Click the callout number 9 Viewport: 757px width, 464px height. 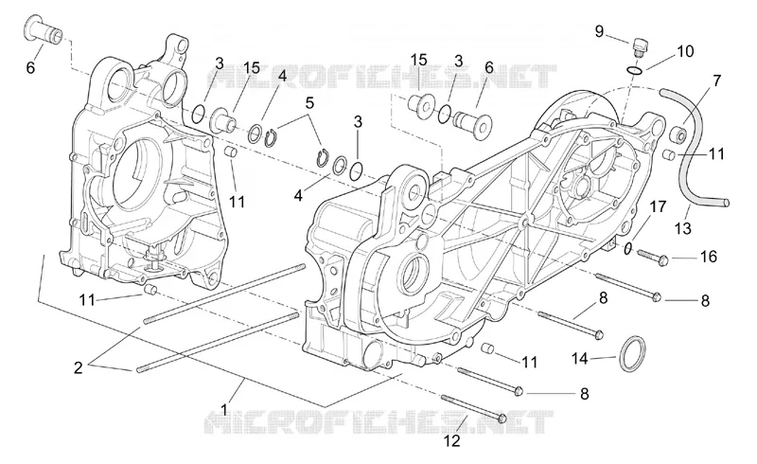(x=599, y=32)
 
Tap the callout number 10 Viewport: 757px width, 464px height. (x=685, y=51)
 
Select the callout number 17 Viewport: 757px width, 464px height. (x=658, y=206)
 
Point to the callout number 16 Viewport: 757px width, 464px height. (x=708, y=257)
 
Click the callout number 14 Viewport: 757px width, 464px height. (x=580, y=359)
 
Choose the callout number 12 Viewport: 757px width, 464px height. (x=452, y=441)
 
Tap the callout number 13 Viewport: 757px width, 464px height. (x=683, y=228)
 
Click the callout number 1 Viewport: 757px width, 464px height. (x=223, y=410)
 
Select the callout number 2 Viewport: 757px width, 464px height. (x=79, y=367)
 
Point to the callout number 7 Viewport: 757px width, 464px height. (x=717, y=80)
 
